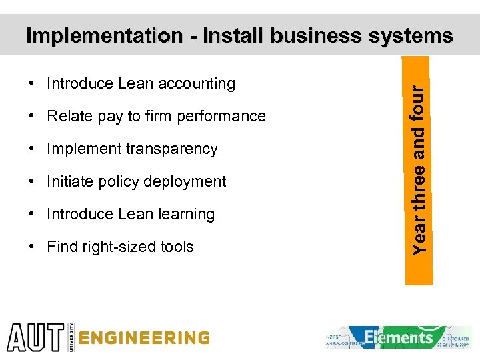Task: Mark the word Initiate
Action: (x=69, y=182)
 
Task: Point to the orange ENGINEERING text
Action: (x=143, y=338)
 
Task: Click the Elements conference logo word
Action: (x=399, y=337)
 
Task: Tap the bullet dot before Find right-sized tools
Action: (x=32, y=247)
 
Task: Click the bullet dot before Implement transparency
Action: (x=32, y=149)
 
